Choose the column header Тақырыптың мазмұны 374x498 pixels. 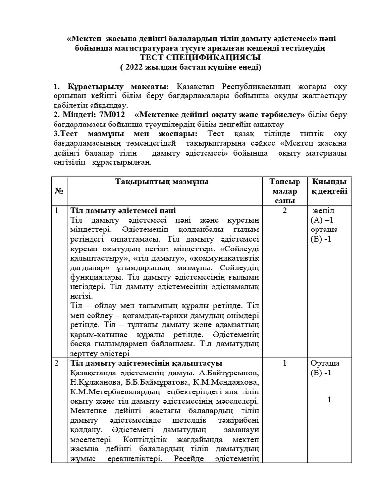point(162,182)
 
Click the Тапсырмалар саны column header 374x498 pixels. point(285,191)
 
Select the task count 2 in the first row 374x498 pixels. point(285,211)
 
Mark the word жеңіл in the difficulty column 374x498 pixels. point(323,211)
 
